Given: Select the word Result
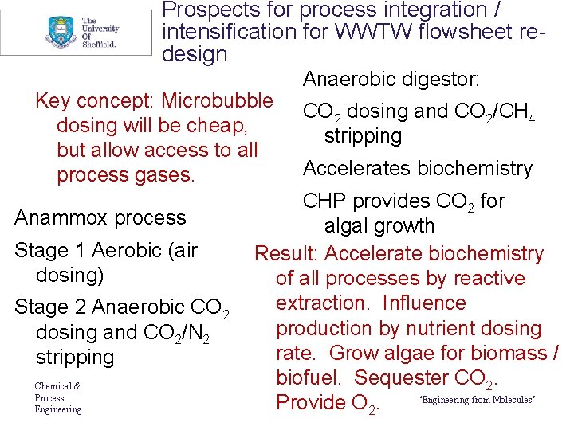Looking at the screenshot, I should pyautogui.click(x=285, y=254).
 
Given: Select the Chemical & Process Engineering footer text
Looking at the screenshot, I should pyautogui.click(x=57, y=398).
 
